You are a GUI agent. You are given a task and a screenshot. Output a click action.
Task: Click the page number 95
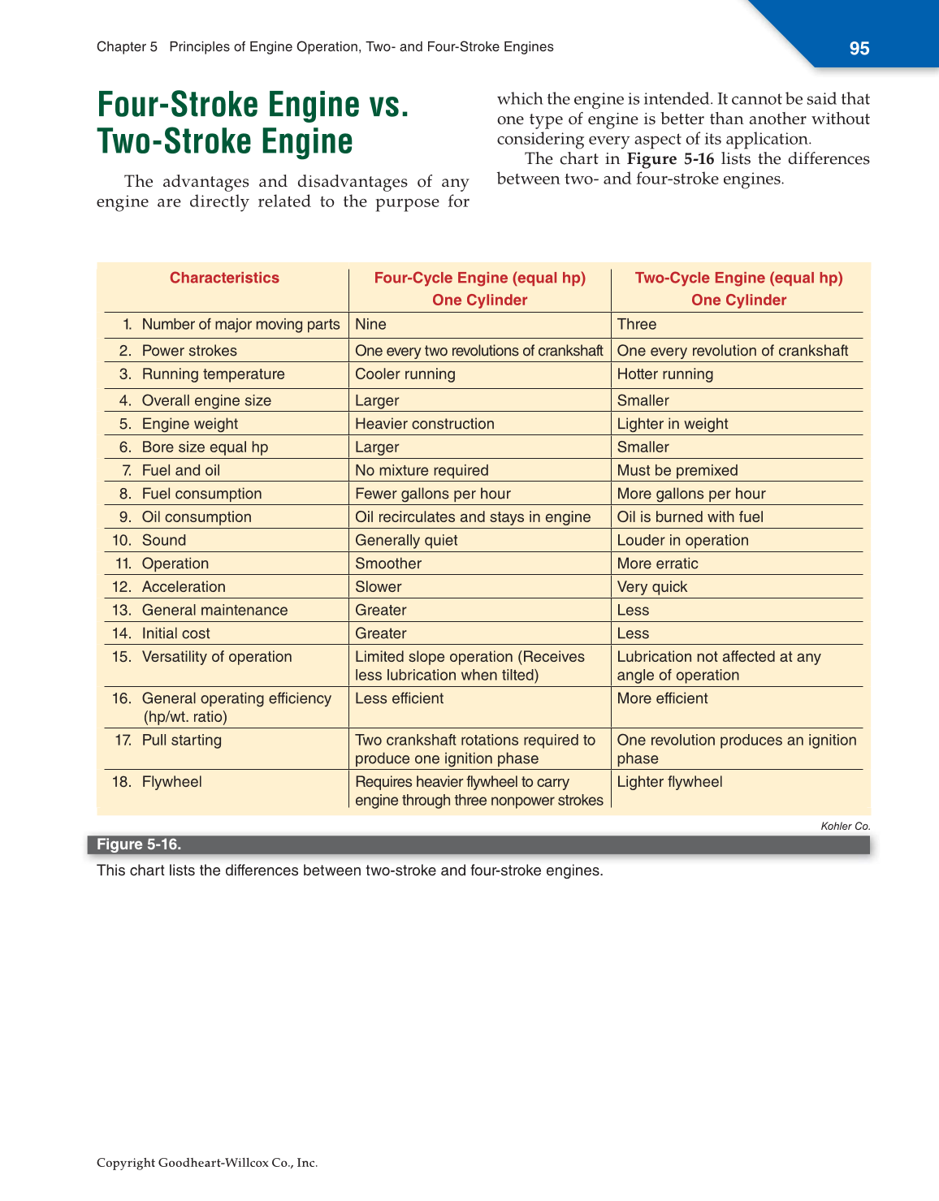tap(859, 49)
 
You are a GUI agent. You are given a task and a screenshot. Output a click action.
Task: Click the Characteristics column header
tap(224, 278)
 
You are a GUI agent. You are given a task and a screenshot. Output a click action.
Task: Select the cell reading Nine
tap(371, 324)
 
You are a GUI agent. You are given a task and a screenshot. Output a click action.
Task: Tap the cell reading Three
tap(637, 324)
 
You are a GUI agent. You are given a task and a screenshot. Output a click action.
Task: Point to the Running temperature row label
tap(213, 374)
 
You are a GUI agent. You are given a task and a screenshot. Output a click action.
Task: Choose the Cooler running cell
tap(405, 374)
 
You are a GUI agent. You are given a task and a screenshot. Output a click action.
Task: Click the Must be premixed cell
tap(677, 471)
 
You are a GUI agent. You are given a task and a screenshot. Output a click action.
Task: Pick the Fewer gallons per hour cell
tap(433, 494)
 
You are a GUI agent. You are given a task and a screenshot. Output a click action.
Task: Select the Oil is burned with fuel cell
tap(690, 517)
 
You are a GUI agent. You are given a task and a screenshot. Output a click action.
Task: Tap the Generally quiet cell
tap(406, 541)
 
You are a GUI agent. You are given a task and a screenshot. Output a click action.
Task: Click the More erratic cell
tap(657, 564)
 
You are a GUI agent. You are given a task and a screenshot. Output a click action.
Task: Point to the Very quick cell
tap(652, 587)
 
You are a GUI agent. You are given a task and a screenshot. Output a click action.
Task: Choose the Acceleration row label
tap(184, 587)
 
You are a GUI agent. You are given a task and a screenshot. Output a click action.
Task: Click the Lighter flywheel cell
tap(669, 782)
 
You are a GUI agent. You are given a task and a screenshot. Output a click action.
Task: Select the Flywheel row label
tap(171, 782)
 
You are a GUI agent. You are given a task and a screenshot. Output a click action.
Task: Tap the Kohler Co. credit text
tap(846, 826)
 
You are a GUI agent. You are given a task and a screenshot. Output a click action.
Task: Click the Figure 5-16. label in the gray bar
tap(139, 845)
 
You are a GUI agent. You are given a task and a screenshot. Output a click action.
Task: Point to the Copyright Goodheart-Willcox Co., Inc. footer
tap(207, 1163)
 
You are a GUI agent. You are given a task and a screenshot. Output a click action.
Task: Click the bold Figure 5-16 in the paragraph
tap(670, 159)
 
